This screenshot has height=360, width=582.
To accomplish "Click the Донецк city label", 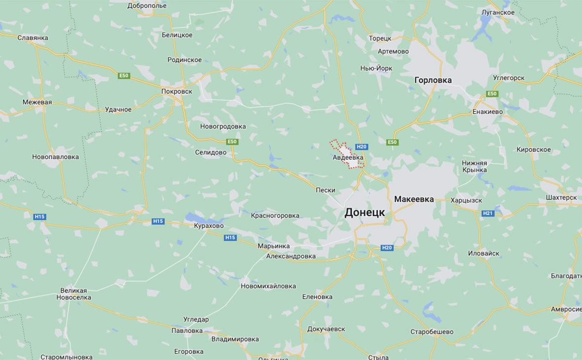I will (x=364, y=213).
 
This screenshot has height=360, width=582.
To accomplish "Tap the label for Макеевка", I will (x=414, y=199).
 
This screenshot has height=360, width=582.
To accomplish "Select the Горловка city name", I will (x=433, y=80).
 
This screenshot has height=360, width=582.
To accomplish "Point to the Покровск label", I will (x=177, y=91).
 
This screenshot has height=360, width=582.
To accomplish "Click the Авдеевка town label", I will (x=348, y=157).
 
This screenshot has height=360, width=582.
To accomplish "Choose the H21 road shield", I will (x=487, y=213).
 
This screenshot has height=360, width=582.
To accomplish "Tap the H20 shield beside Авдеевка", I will (x=362, y=146).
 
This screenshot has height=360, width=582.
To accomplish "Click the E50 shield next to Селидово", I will (x=232, y=142).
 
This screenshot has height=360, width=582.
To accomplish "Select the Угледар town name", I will (x=196, y=319).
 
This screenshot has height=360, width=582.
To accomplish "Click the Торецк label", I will (x=380, y=38).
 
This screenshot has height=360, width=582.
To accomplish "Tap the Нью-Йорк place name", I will (x=376, y=68).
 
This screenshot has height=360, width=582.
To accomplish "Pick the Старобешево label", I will (x=432, y=332).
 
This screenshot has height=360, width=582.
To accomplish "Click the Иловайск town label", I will (x=483, y=253).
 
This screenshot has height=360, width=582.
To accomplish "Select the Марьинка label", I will (x=274, y=246).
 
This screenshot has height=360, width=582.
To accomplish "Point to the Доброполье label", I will (x=147, y=6).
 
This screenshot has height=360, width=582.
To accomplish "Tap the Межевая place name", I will (x=37, y=102).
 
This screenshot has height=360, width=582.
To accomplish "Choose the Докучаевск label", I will (x=326, y=329).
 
